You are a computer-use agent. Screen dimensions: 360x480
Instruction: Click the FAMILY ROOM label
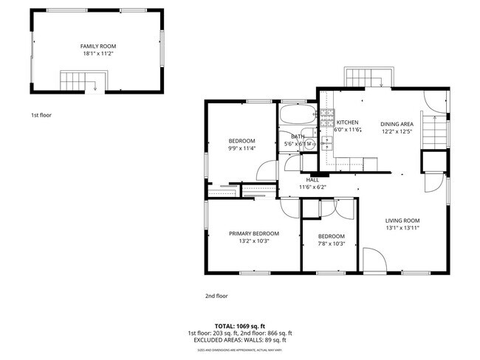[x=97, y=46]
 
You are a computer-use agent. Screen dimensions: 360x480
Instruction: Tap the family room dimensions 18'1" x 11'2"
[x=97, y=54]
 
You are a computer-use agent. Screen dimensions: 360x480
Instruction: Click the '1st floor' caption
[x=41, y=115]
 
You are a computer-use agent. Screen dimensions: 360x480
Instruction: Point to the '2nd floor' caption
[x=216, y=296]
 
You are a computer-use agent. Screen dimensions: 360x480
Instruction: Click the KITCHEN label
[x=348, y=122]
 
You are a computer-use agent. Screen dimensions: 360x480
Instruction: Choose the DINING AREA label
[x=396, y=124]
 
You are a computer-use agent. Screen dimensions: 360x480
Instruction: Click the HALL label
[x=312, y=179]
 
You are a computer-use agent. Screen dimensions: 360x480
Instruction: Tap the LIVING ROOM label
[x=402, y=221]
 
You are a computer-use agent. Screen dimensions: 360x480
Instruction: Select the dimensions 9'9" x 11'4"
[x=241, y=148]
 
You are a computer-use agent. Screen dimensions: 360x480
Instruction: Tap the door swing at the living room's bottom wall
[x=373, y=262]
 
